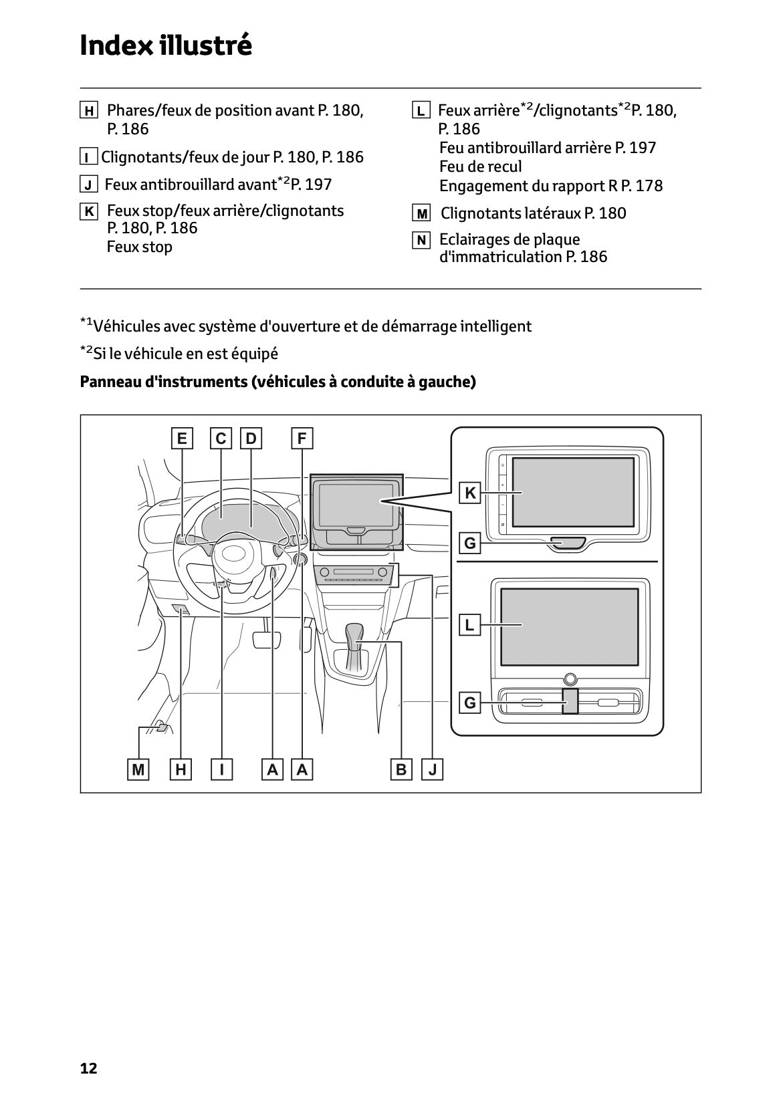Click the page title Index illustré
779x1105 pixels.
(166, 45)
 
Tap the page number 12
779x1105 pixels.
(88, 1068)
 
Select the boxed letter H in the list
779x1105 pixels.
(88, 111)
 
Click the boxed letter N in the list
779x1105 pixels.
(421, 240)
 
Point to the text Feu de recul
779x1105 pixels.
(480, 166)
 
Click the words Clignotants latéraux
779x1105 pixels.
(511, 213)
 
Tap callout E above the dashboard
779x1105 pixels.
(181, 439)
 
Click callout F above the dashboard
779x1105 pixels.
(302, 439)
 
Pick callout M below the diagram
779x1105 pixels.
(138, 769)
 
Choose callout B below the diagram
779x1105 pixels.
(401, 769)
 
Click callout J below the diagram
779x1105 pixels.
(433, 769)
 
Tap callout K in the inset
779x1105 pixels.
(470, 493)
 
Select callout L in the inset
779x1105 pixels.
(470, 625)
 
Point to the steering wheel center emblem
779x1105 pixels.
(235, 554)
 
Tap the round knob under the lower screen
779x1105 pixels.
(569, 679)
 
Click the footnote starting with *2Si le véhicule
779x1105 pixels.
(179, 353)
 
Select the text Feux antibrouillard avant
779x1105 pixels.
(191, 184)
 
